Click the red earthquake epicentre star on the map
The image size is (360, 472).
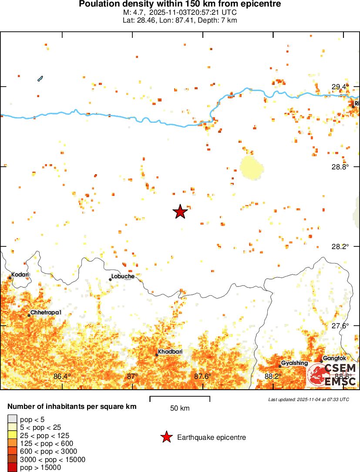point(180,212)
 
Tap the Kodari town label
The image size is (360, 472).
point(20,274)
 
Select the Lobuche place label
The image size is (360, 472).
point(123,276)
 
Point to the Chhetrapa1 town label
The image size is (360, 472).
point(46,313)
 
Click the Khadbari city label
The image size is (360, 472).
point(170,352)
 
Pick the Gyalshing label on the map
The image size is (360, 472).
point(294,363)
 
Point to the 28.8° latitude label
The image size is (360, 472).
point(340,167)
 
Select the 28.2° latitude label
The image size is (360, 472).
point(340,246)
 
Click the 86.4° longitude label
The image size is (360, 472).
point(62,376)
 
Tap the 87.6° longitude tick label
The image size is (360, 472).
point(202,376)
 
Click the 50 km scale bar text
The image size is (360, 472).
point(179,408)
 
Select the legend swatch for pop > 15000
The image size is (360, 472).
point(13,468)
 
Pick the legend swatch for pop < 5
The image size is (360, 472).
point(13,420)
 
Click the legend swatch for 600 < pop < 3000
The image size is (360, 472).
point(13,452)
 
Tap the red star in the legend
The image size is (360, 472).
point(166,437)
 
